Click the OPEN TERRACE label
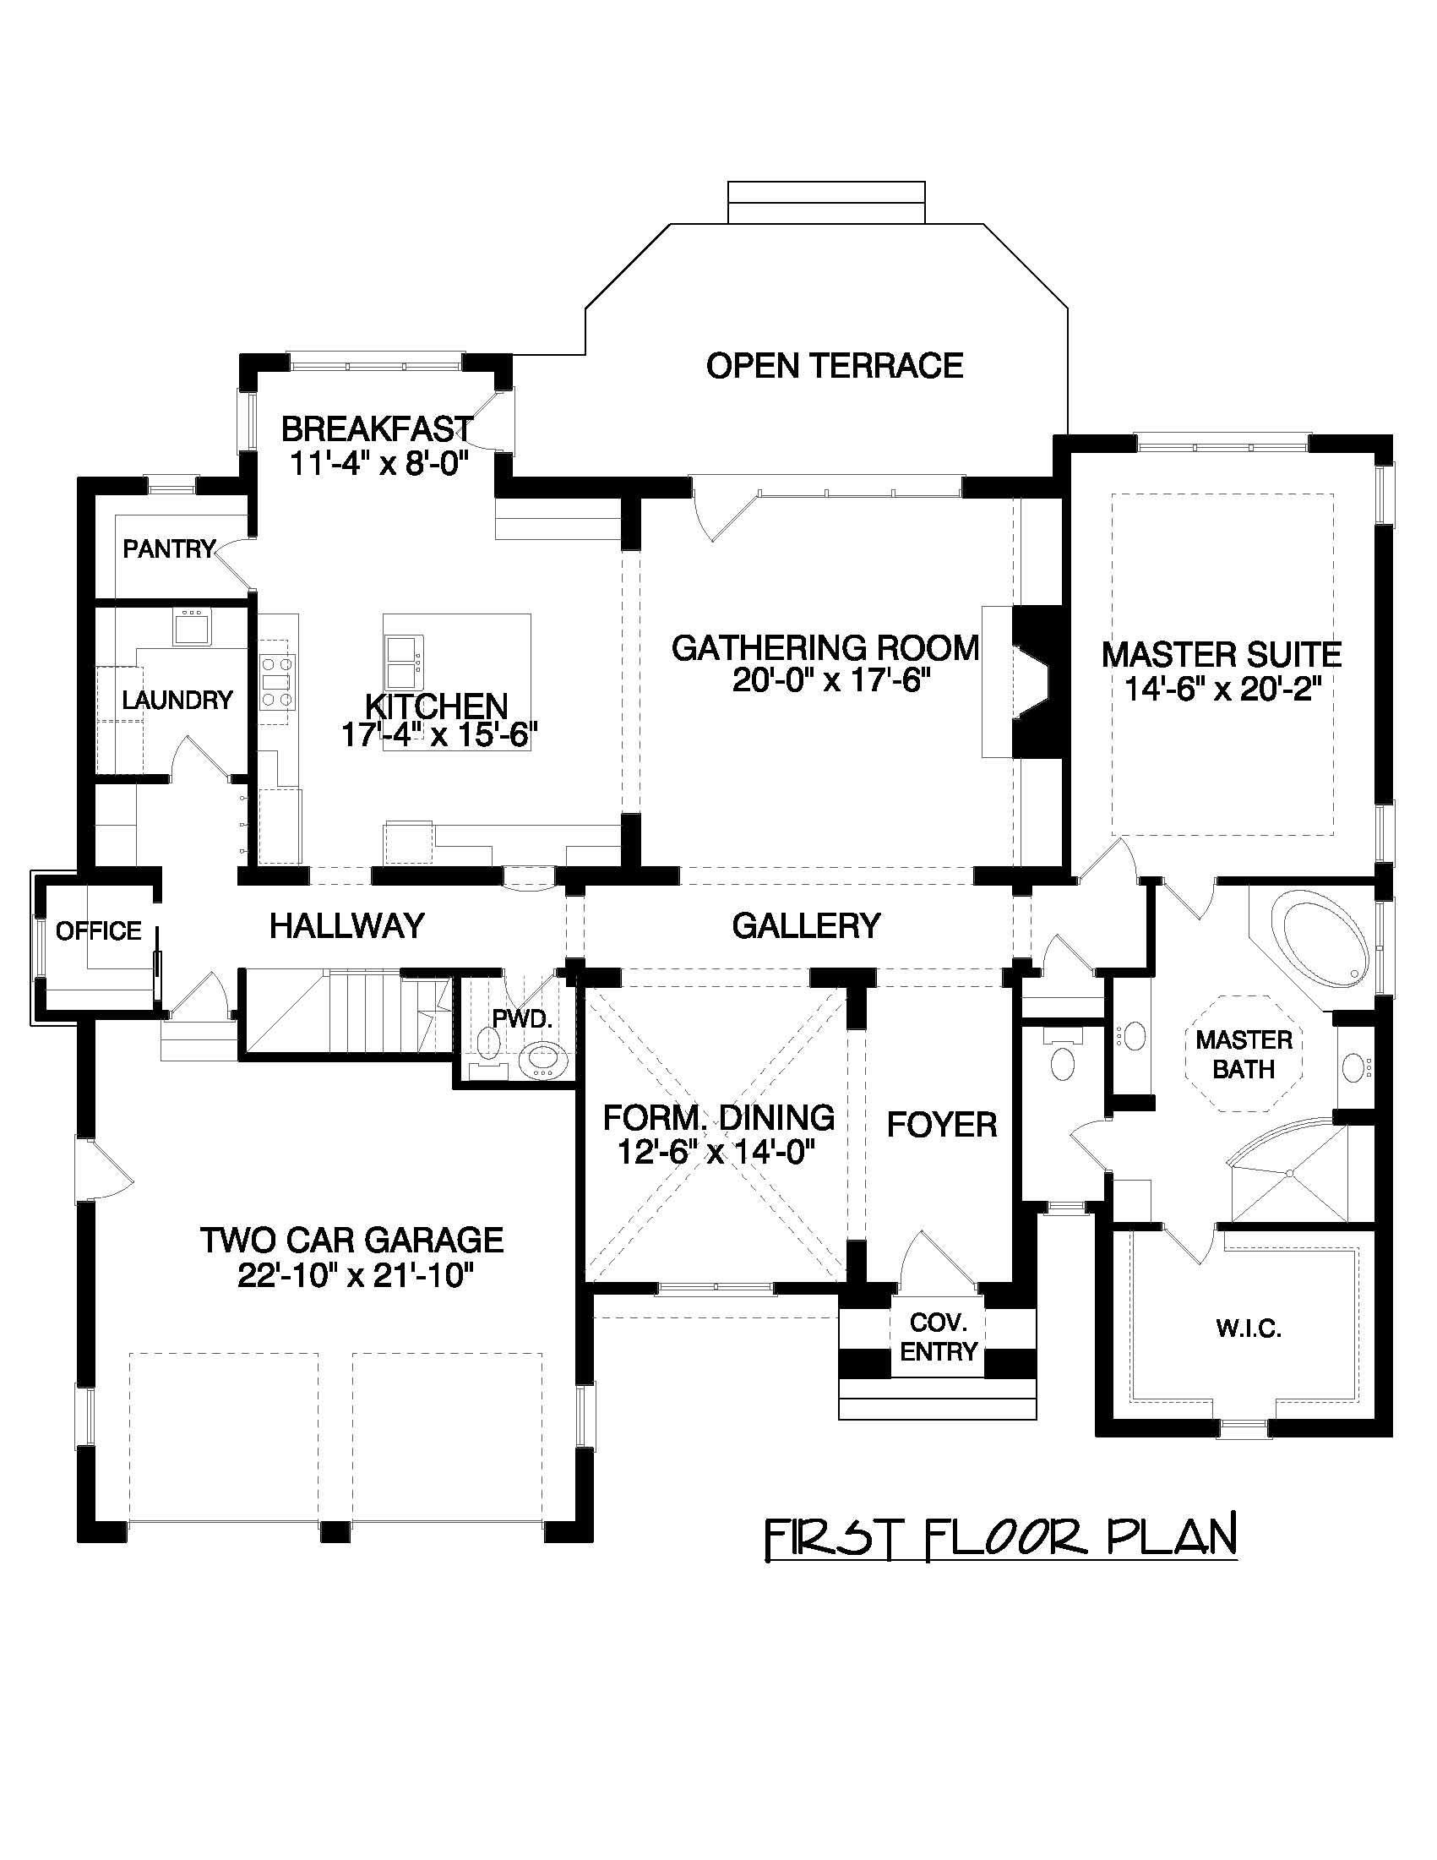click(x=835, y=365)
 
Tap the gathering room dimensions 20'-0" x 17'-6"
click(x=826, y=680)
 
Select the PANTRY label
click(x=169, y=549)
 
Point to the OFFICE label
click(x=99, y=931)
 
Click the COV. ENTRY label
click(x=937, y=1337)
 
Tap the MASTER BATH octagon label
click(x=1244, y=1054)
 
